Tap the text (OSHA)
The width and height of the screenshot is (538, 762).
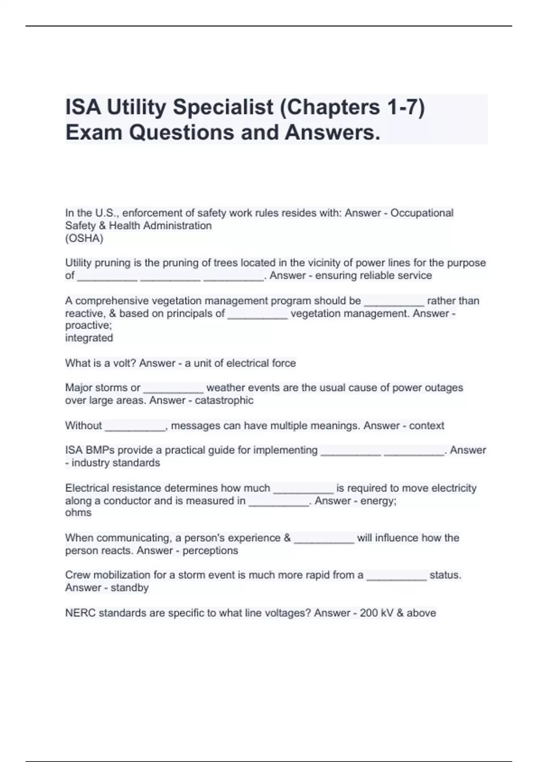tap(84, 238)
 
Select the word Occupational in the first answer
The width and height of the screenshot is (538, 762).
tap(422, 213)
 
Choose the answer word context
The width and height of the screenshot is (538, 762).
tap(426, 425)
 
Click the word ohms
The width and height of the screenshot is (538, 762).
tap(78, 513)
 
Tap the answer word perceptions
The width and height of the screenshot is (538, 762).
tap(210, 550)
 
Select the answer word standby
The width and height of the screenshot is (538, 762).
tap(130, 588)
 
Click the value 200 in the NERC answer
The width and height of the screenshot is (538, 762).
tap(369, 613)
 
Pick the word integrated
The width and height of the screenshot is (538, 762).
tap(89, 338)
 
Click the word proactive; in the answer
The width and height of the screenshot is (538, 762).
tap(88, 325)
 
